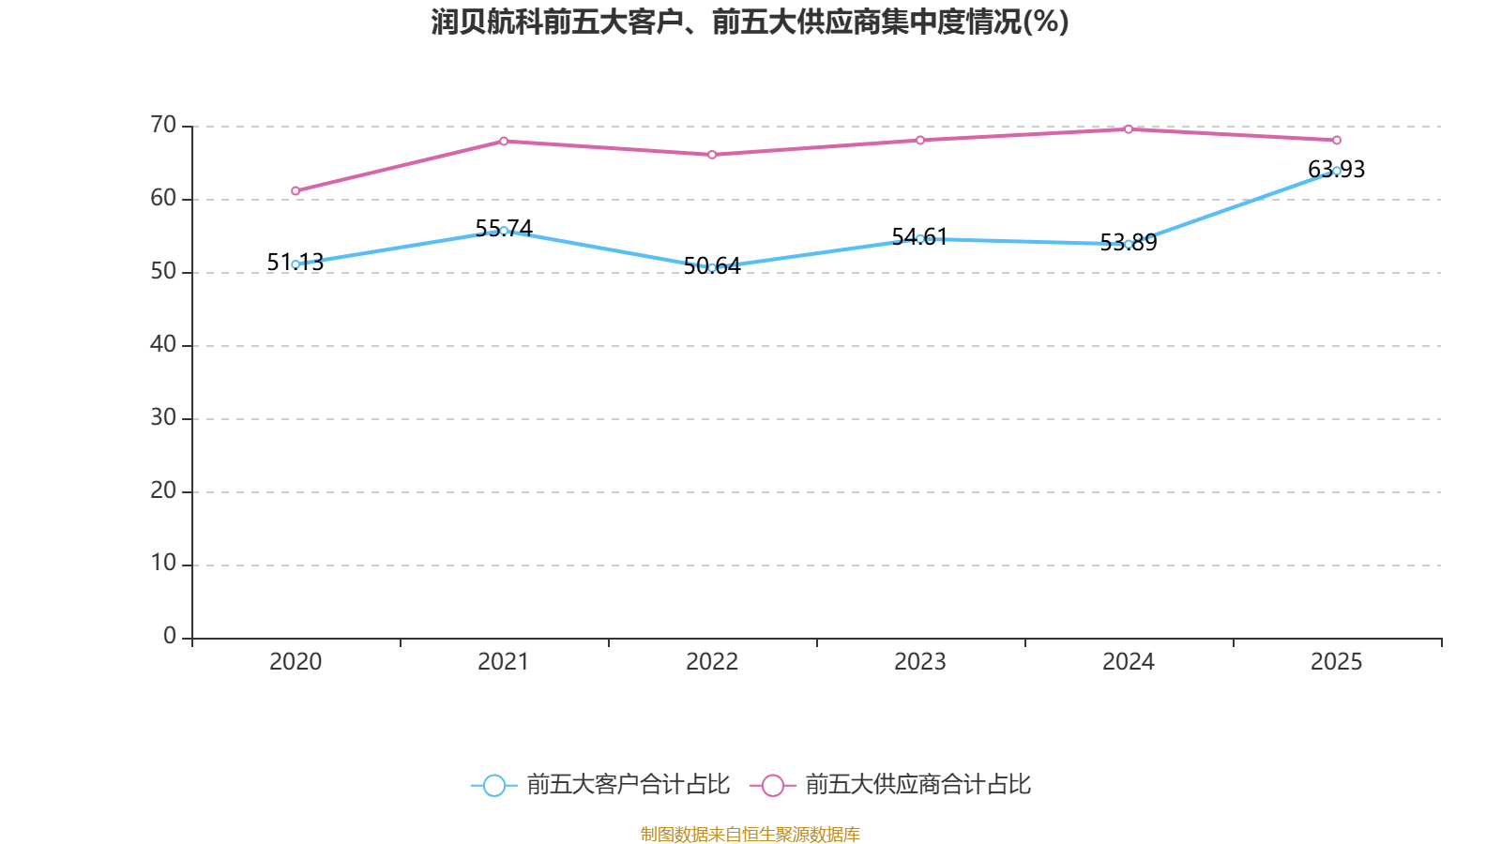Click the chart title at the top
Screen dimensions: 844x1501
pyautogui.click(x=750, y=22)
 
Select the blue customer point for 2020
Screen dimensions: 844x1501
pyautogui.click(x=296, y=264)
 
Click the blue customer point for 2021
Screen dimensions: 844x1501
pyautogui.click(x=504, y=231)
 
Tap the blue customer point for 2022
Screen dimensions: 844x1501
pyautogui.click(x=712, y=268)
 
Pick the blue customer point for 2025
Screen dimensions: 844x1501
pyautogui.click(x=1337, y=171)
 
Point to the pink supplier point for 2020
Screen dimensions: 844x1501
pyautogui.click(x=296, y=191)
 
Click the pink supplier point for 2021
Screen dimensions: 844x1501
pyautogui.click(x=504, y=141)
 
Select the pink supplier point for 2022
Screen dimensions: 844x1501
pyautogui.click(x=712, y=155)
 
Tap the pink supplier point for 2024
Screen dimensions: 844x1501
pyautogui.click(x=1129, y=129)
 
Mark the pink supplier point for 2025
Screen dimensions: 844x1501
pyautogui.click(x=1337, y=141)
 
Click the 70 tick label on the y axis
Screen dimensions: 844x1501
pyautogui.click(x=163, y=125)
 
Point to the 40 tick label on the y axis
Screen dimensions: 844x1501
pyautogui.click(x=163, y=344)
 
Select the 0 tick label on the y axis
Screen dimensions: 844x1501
pyautogui.click(x=170, y=636)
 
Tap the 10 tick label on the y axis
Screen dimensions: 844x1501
pyautogui.click(x=163, y=563)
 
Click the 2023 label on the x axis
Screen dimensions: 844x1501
pyautogui.click(x=920, y=662)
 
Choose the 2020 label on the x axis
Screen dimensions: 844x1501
pyautogui.click(x=296, y=662)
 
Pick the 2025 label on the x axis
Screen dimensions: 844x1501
pyautogui.click(x=1337, y=662)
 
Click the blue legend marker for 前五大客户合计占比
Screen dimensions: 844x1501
pyautogui.click(x=494, y=785)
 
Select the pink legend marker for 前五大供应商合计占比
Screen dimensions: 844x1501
pyautogui.click(x=773, y=785)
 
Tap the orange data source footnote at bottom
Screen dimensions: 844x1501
pyautogui.click(x=750, y=834)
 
